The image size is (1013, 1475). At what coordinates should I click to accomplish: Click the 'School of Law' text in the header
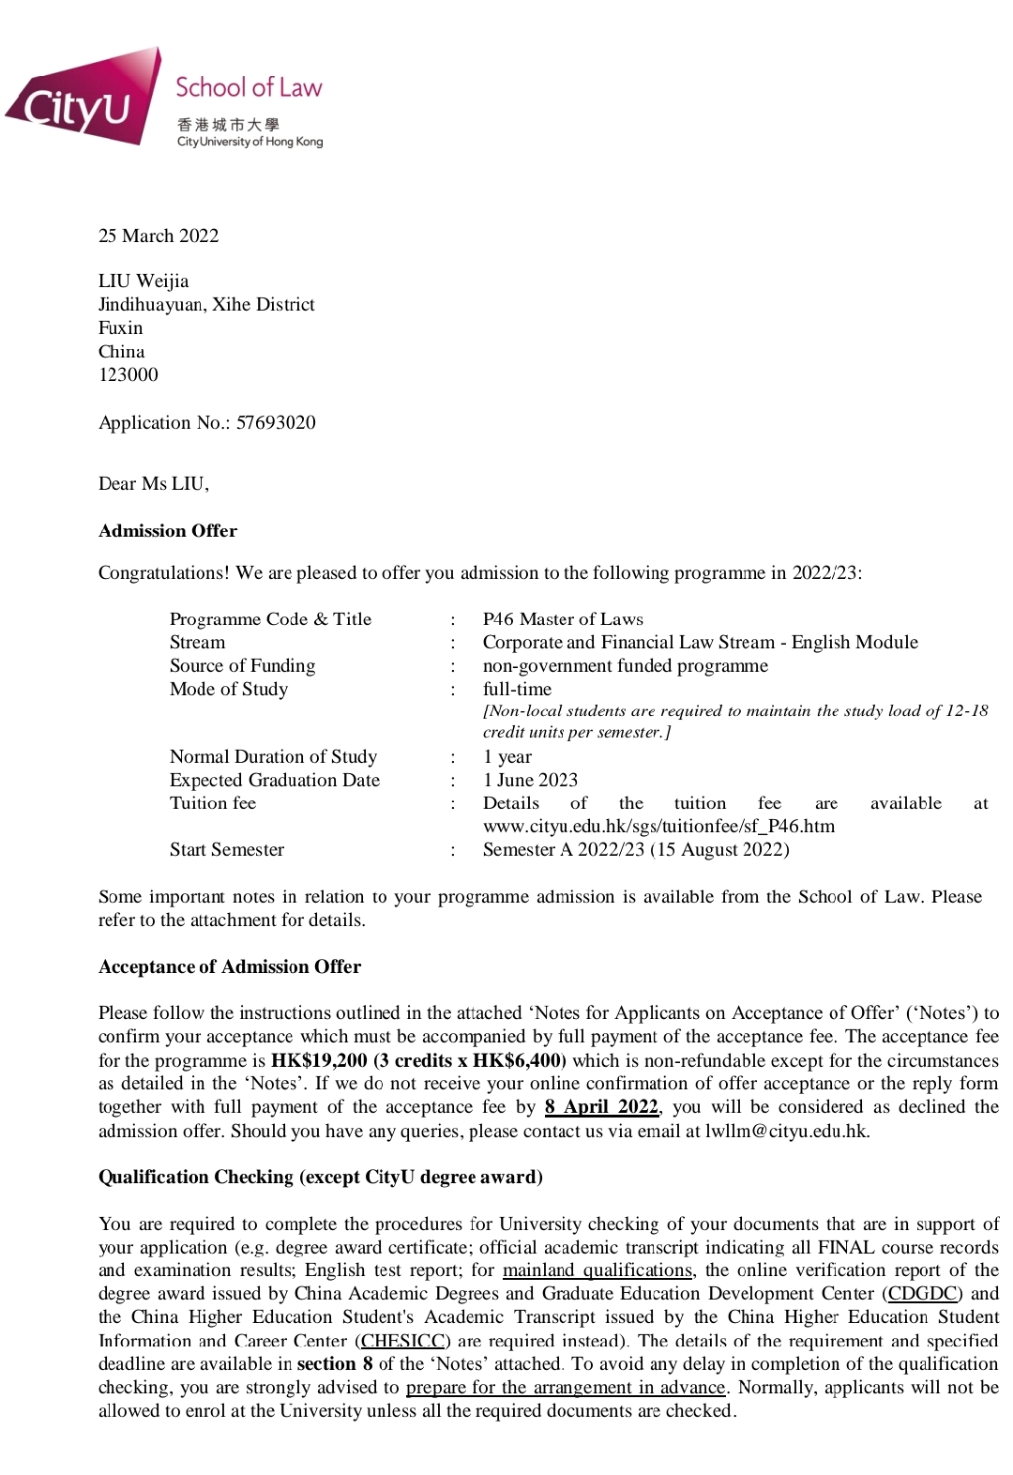click(x=249, y=88)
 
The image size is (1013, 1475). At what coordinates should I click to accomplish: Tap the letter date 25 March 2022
click(x=159, y=236)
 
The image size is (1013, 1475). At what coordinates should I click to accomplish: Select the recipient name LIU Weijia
click(x=144, y=281)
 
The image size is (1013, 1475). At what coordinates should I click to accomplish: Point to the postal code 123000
click(x=129, y=374)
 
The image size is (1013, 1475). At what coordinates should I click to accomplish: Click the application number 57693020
click(x=276, y=422)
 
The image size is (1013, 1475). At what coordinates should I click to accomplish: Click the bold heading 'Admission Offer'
click(x=168, y=530)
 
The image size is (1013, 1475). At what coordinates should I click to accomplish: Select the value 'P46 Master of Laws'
click(x=563, y=618)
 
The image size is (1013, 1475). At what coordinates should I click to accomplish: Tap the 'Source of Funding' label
click(x=242, y=665)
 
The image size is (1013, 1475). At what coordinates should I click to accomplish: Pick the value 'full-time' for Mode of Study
click(x=517, y=689)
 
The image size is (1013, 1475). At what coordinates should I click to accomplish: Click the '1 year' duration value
click(x=507, y=756)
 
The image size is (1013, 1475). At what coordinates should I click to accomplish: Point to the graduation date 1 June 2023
click(x=530, y=780)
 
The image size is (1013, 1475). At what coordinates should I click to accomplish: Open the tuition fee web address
click(x=658, y=826)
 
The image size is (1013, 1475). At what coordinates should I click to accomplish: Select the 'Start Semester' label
click(x=227, y=849)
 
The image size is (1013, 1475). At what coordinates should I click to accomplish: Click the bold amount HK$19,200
click(x=319, y=1060)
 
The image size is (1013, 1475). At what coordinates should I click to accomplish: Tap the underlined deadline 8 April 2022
click(x=601, y=1106)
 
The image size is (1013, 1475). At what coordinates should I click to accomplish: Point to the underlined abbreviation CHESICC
click(x=403, y=1341)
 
